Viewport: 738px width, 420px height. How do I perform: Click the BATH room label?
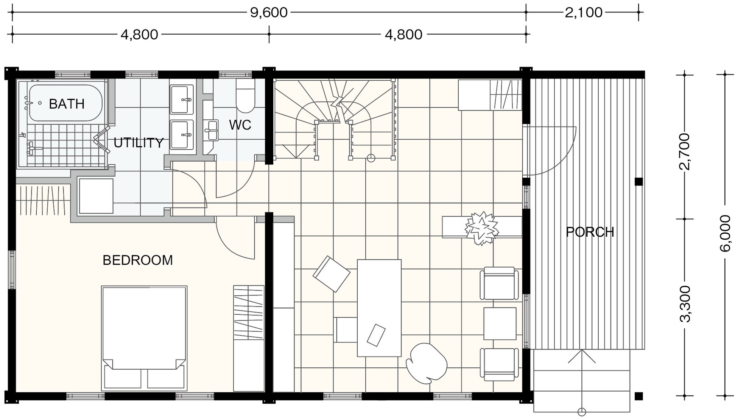(67, 104)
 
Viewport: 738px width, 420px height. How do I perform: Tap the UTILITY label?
(139, 143)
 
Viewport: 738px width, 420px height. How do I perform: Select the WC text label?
(240, 125)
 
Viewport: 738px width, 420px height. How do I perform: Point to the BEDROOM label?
(138, 260)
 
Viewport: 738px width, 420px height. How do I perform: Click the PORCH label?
(590, 232)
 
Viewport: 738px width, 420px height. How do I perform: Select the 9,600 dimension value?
(269, 12)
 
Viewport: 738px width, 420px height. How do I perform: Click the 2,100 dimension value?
(584, 12)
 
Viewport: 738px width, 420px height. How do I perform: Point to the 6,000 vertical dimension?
(725, 233)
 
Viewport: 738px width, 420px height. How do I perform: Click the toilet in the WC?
(245, 95)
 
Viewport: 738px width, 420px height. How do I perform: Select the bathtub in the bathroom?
(66, 103)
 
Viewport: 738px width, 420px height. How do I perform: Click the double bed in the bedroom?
(144, 338)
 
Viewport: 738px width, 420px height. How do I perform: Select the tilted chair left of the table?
(332, 274)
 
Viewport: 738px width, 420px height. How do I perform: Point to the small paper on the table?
(376, 335)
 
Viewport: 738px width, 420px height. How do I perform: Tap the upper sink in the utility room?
(182, 100)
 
